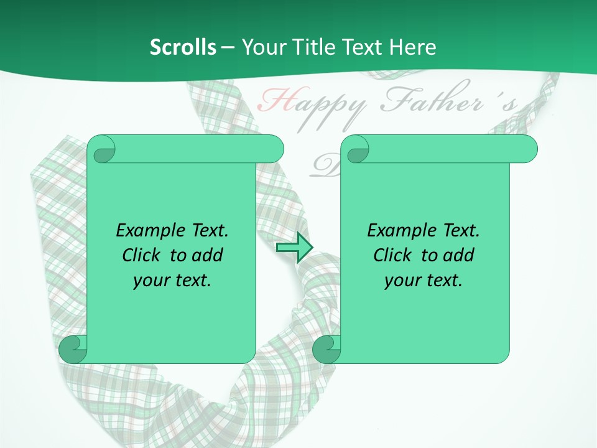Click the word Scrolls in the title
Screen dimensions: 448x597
point(183,47)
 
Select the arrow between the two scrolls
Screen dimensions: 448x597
point(294,248)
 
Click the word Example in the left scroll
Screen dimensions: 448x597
point(147,230)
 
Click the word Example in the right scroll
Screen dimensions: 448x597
point(398,230)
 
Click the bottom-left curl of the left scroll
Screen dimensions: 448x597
point(73,348)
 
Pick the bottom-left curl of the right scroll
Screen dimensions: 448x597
point(326,348)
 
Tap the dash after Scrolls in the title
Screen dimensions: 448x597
point(228,48)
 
